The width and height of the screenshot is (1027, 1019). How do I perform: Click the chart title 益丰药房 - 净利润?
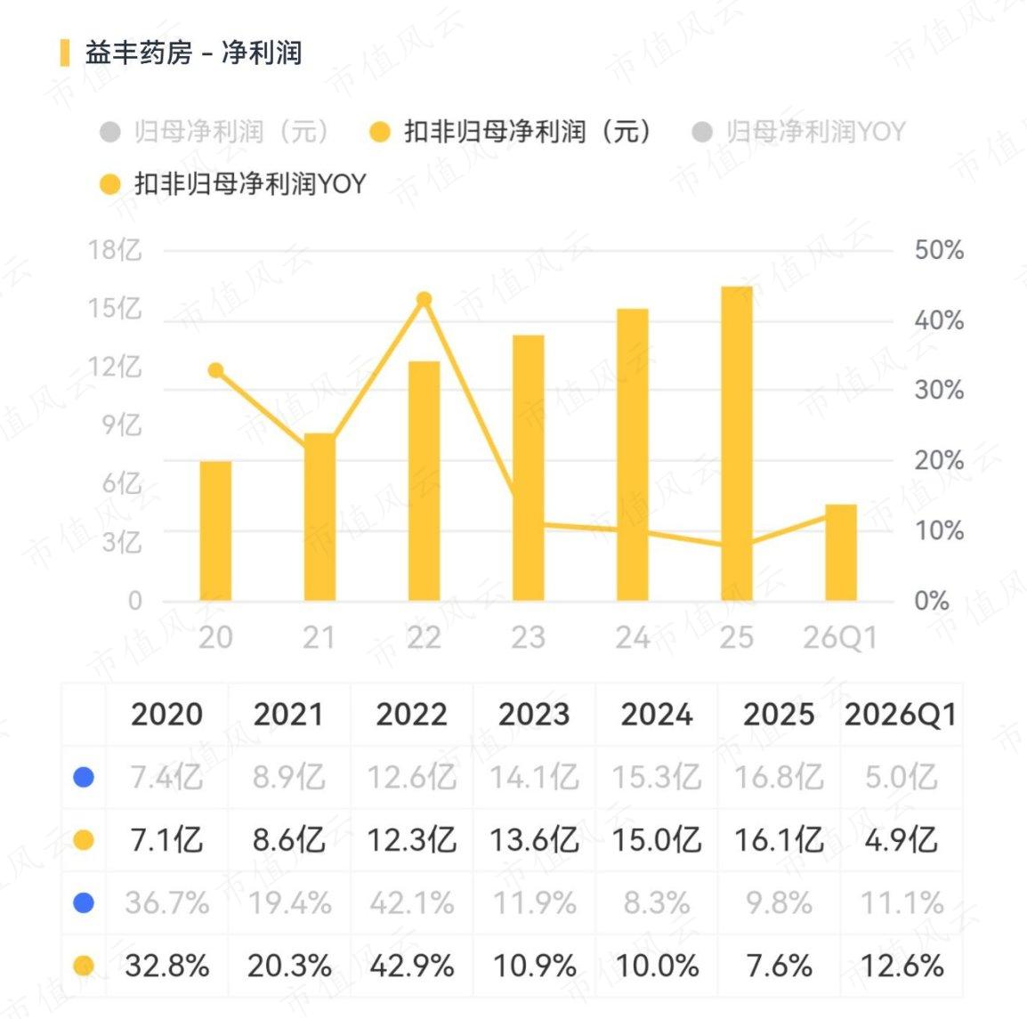tap(193, 53)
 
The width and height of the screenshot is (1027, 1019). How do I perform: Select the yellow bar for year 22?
tap(424, 481)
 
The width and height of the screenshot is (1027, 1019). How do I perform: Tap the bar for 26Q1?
tap(841, 552)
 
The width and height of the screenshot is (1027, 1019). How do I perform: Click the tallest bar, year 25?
tap(737, 443)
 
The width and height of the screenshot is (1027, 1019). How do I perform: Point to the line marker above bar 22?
tap(424, 299)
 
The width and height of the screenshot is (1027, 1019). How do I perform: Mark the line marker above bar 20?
tap(215, 370)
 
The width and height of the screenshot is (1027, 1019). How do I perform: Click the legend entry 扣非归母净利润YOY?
tap(232, 184)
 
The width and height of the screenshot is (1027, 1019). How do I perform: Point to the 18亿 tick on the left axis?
tap(116, 250)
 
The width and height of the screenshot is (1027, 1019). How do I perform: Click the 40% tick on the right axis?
tap(939, 321)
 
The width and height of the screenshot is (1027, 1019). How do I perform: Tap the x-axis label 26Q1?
tap(840, 638)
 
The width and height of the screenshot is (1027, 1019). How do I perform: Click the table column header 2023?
tap(534, 715)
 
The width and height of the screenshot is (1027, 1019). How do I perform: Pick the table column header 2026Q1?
tap(901, 715)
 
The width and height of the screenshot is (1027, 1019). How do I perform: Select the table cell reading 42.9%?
tap(411, 966)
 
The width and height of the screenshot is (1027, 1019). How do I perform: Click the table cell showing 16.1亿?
tap(779, 840)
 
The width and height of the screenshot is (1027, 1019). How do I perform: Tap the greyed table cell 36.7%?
tap(167, 903)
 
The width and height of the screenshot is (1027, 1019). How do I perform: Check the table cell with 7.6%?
tap(779, 966)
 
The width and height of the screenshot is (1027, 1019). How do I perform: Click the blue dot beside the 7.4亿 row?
tap(84, 777)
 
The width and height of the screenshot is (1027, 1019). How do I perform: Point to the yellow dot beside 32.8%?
tap(84, 966)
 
